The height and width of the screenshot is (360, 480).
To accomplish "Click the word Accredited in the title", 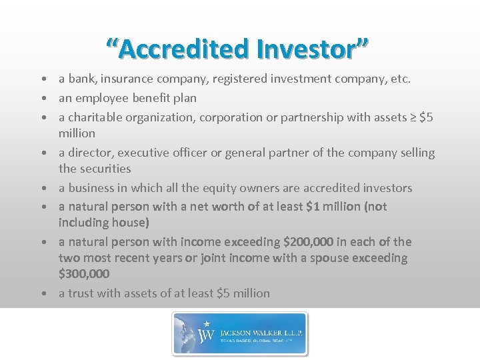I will pos(177,48).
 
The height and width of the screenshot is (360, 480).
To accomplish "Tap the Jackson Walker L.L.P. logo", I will pos(240,333).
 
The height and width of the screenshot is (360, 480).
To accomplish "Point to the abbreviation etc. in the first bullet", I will pos(400,79).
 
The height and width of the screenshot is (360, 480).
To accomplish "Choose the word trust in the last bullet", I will pos(82,293).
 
